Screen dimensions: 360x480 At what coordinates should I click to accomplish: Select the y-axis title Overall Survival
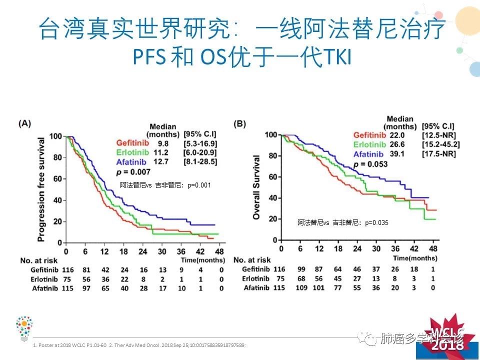[x=256, y=187]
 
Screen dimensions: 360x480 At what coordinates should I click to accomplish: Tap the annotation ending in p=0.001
[x=165, y=185]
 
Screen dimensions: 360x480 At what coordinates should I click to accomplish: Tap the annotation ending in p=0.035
[x=342, y=223]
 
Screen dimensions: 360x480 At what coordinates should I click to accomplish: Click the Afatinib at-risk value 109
[x=301, y=287]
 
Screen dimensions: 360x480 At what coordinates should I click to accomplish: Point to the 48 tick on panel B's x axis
[x=433, y=249]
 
